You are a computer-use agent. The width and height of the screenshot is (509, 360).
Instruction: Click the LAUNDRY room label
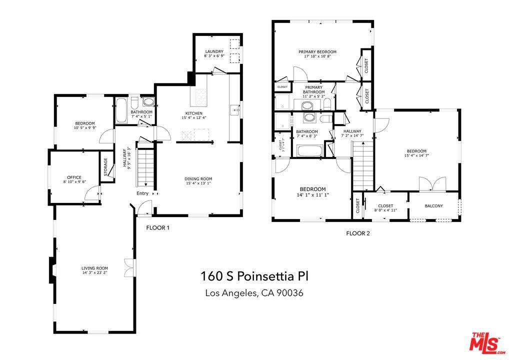(x=213, y=51)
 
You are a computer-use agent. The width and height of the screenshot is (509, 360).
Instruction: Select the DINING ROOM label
(x=198, y=178)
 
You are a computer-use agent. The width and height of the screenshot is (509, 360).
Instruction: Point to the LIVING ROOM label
(x=94, y=268)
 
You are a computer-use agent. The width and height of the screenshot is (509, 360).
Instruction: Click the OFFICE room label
(x=74, y=177)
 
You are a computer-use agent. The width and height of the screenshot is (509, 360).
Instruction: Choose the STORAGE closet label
(x=105, y=166)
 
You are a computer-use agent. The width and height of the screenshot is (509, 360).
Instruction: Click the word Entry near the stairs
(x=142, y=193)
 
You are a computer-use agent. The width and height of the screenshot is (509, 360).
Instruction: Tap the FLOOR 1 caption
(x=157, y=228)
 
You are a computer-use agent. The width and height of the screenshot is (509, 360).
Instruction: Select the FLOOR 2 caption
(x=358, y=233)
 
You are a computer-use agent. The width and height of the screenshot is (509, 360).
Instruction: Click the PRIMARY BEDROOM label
(x=317, y=51)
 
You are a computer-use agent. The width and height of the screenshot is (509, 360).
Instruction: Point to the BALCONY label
(x=433, y=206)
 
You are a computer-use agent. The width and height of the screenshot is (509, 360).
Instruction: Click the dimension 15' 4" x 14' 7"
(x=416, y=155)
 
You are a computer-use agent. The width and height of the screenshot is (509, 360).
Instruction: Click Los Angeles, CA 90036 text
(x=254, y=293)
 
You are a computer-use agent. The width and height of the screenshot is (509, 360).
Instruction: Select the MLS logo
(x=485, y=342)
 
